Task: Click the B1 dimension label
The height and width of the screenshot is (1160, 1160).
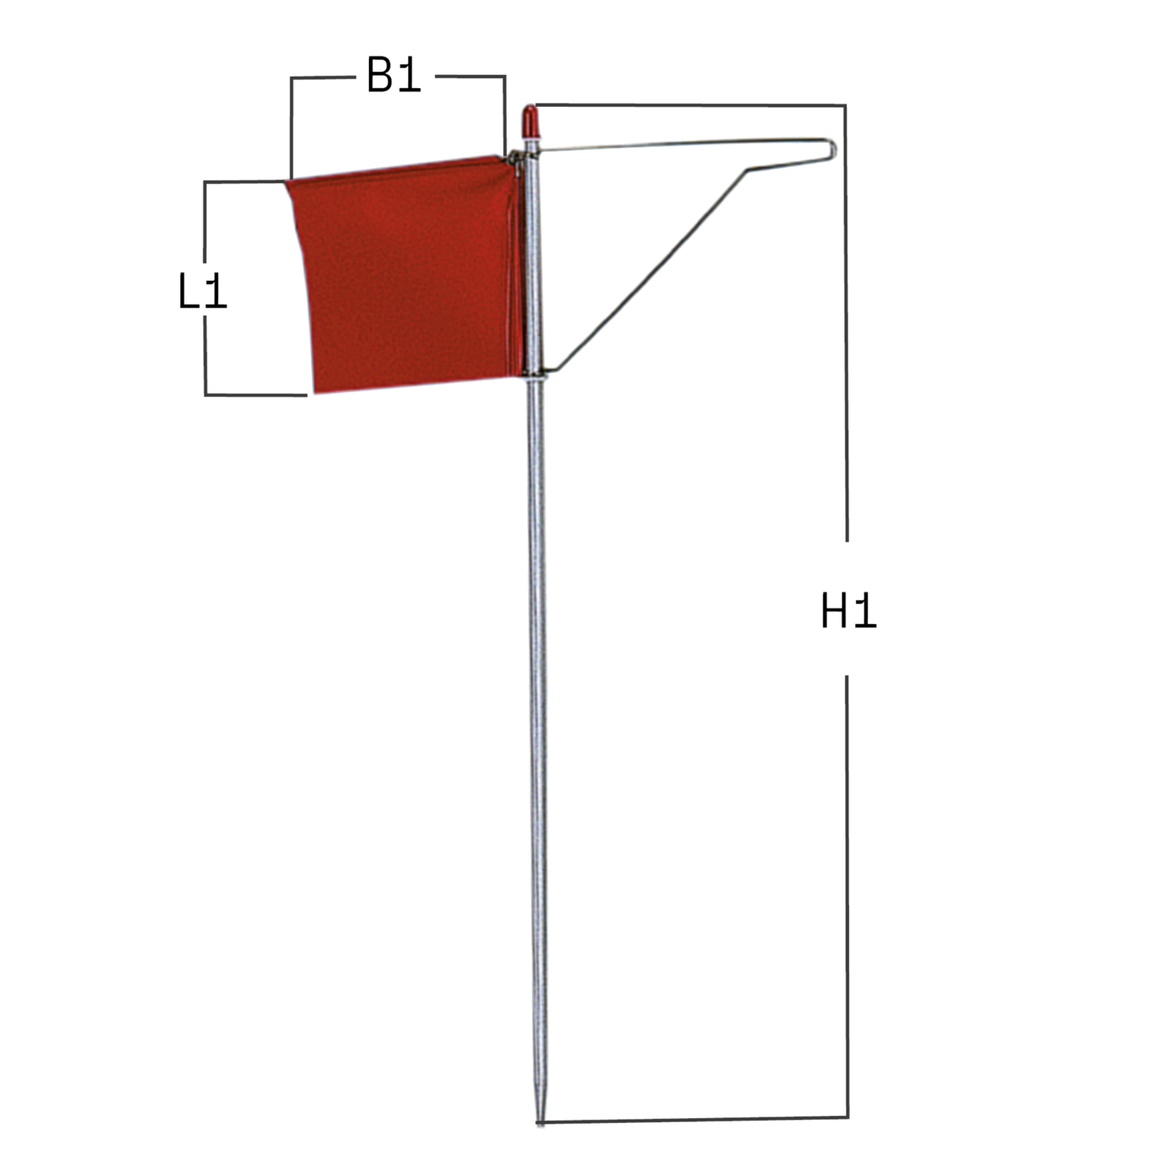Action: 393,75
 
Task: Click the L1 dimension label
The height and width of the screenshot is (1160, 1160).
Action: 202,292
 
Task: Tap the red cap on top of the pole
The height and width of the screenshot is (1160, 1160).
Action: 530,119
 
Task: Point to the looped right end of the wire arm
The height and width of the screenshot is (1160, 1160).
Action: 832,149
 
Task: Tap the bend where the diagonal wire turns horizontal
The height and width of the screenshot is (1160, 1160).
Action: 746,171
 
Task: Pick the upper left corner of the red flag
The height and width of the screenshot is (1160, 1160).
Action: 287,182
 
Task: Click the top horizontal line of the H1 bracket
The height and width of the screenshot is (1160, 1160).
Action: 690,105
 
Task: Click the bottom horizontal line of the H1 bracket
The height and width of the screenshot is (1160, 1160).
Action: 690,1119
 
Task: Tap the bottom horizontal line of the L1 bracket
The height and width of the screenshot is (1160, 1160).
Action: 255,394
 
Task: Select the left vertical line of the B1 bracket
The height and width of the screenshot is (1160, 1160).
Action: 292,126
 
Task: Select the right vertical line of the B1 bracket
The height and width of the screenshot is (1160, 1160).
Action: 505,114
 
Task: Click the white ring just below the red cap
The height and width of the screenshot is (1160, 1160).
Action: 531,137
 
